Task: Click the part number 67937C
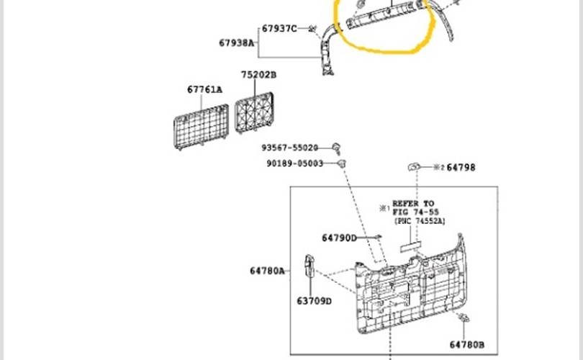click(279, 29)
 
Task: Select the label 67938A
click(237, 42)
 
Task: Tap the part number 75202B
click(259, 75)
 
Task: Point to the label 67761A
click(204, 89)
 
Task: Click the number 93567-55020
click(289, 148)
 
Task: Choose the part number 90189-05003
click(295, 163)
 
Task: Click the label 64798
click(461, 168)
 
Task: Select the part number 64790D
click(339, 238)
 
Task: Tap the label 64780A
click(267, 271)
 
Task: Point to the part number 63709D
click(314, 301)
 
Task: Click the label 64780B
click(467, 345)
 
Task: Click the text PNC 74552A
click(420, 221)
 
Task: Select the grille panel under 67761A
click(201, 127)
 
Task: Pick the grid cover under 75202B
click(254, 112)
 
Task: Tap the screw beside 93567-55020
click(337, 148)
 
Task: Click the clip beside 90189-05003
click(342, 163)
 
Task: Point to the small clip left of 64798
click(414, 166)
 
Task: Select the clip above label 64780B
click(464, 318)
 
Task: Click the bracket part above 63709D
click(309, 265)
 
